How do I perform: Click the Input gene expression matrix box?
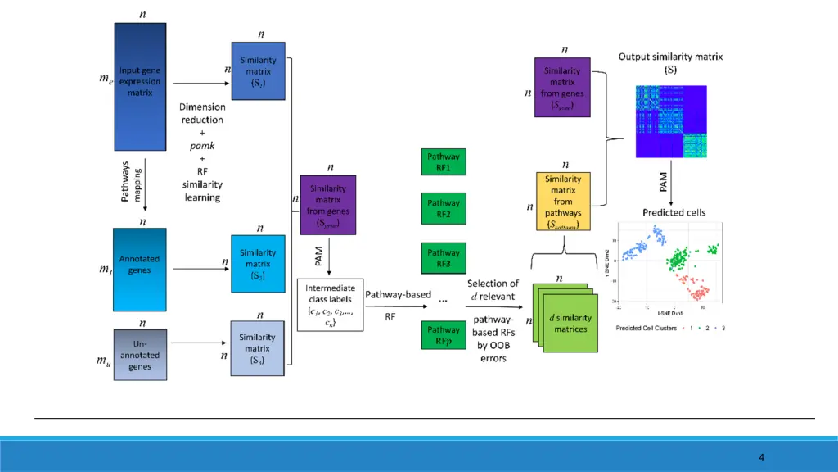(140, 87)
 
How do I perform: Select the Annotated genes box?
(140, 263)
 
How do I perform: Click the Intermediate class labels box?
(330, 304)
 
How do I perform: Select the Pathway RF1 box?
(444, 162)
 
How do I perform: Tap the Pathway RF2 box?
(444, 208)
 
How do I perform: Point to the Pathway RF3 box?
(444, 258)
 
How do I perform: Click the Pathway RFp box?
(444, 334)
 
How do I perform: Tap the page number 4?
(761, 457)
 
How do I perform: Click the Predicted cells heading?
(674, 212)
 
